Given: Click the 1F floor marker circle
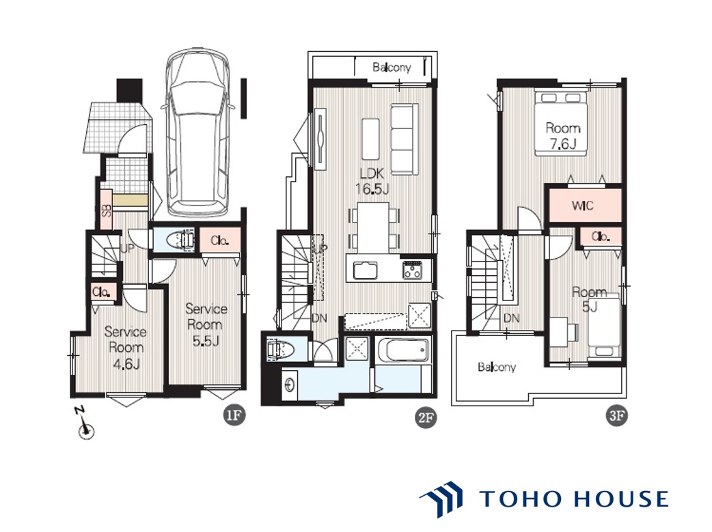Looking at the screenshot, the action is (234, 415).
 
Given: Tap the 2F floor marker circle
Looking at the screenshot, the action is (426, 417).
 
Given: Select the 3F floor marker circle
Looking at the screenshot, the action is (616, 415).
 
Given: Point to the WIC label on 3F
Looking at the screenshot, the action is (583, 206).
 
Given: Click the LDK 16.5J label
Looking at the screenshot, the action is (372, 181).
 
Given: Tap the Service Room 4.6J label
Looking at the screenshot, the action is (125, 347).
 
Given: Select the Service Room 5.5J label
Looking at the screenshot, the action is (206, 324).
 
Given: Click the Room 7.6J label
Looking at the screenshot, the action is (562, 136).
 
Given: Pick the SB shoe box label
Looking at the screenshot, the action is (107, 211).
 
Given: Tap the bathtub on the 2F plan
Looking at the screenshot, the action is (402, 350).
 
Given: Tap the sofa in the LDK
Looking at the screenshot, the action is (404, 139).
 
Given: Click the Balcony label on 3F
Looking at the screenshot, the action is (497, 367).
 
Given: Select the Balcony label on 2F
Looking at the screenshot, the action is (392, 68).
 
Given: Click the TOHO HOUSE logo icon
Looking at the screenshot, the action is (441, 499).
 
